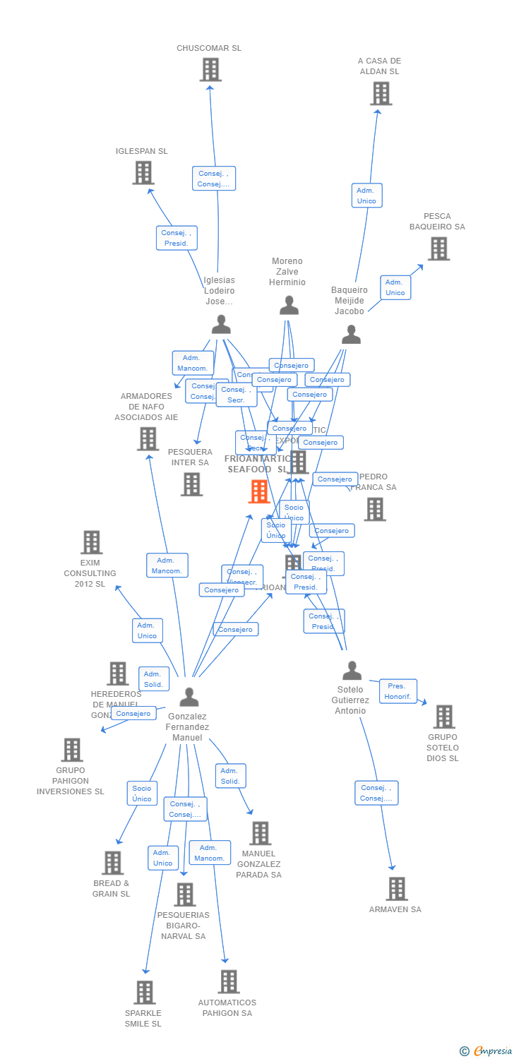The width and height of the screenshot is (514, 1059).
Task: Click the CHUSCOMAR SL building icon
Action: point(210,70)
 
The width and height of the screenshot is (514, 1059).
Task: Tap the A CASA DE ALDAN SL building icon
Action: point(381,93)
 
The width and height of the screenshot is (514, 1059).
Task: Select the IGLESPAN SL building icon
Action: point(143,172)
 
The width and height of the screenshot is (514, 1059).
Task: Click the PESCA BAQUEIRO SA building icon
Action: point(438,249)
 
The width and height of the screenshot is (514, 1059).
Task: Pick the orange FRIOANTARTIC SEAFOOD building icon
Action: point(259,491)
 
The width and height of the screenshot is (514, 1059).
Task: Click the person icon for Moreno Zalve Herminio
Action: point(289,305)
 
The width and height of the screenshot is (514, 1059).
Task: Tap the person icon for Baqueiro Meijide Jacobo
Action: point(351,334)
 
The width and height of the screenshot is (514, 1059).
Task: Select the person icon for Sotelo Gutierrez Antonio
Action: point(352,670)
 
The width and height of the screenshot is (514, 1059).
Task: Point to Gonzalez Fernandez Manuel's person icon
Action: point(189,696)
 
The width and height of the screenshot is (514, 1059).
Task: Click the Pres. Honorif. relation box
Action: point(398,691)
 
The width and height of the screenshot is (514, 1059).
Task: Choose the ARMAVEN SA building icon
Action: point(397,888)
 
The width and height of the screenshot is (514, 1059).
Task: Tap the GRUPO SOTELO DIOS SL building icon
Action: point(443,717)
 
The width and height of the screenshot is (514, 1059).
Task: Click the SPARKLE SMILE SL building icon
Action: point(144,992)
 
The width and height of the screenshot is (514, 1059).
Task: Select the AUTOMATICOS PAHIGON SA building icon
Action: point(228,981)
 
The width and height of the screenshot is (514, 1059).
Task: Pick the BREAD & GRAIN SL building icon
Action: point(112,862)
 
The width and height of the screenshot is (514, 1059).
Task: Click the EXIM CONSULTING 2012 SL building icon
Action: point(91,542)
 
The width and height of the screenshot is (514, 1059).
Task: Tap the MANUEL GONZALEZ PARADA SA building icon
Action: point(260,833)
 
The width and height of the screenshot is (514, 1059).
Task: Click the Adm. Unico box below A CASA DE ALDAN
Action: point(366,196)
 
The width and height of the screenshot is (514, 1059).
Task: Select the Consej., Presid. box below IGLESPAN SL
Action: point(177,238)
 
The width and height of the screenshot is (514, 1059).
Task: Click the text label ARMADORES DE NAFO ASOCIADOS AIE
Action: point(147,407)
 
